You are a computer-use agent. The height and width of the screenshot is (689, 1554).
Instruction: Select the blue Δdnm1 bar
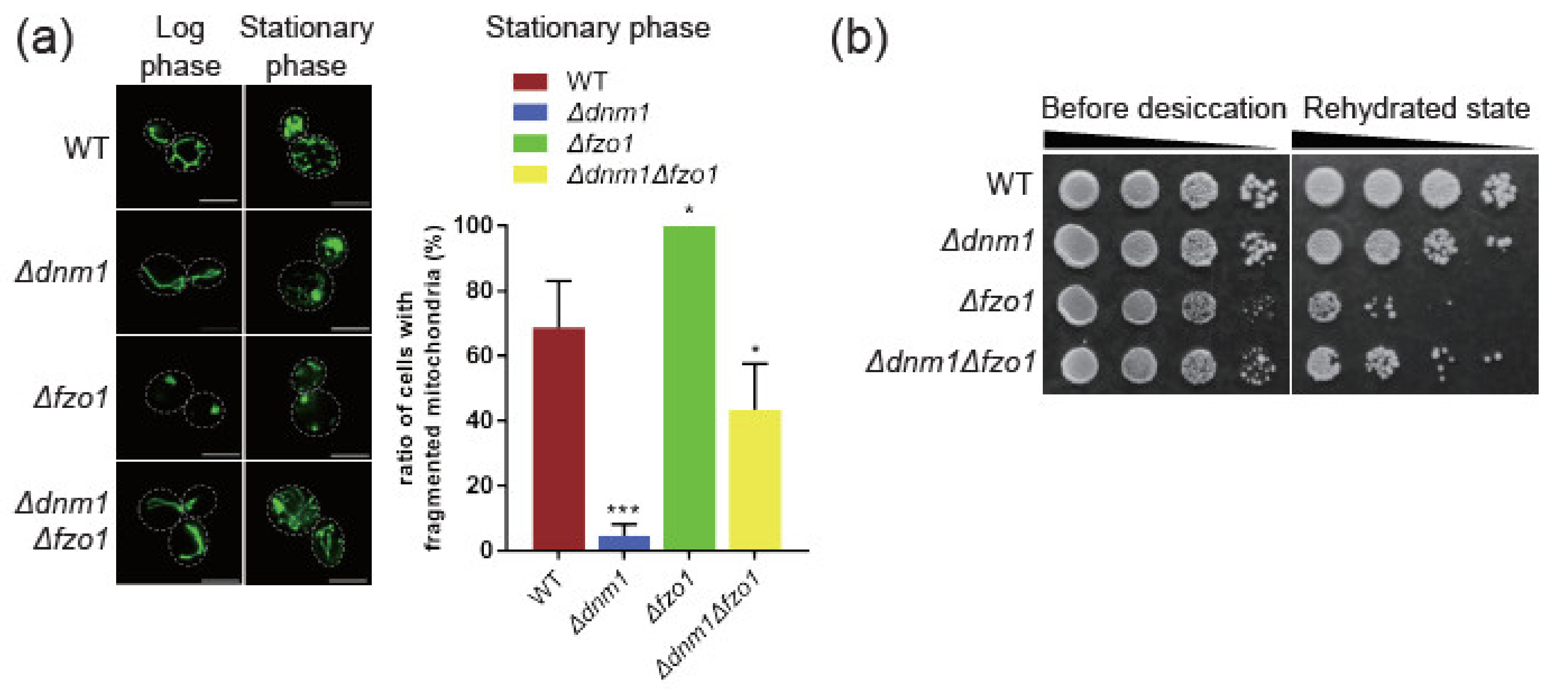pos(624,542)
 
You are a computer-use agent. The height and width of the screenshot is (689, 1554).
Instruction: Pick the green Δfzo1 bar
pos(689,388)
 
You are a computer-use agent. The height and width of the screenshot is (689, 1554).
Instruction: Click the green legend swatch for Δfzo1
pos(530,143)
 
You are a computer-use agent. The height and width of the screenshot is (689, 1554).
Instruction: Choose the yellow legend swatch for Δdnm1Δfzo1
pos(530,175)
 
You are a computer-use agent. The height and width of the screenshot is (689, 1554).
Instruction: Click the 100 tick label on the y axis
pos(472,226)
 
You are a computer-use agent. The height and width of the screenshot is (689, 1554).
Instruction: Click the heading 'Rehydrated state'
pos(1416,109)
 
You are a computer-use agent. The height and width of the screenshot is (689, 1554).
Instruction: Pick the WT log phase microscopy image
pos(178,147)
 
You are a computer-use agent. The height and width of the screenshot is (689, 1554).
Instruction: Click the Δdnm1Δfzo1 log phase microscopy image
pos(178,523)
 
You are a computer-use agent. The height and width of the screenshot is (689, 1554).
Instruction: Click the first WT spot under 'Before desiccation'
pos(1078,189)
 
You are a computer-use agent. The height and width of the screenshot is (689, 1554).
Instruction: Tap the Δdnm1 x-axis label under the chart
pos(600,603)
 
